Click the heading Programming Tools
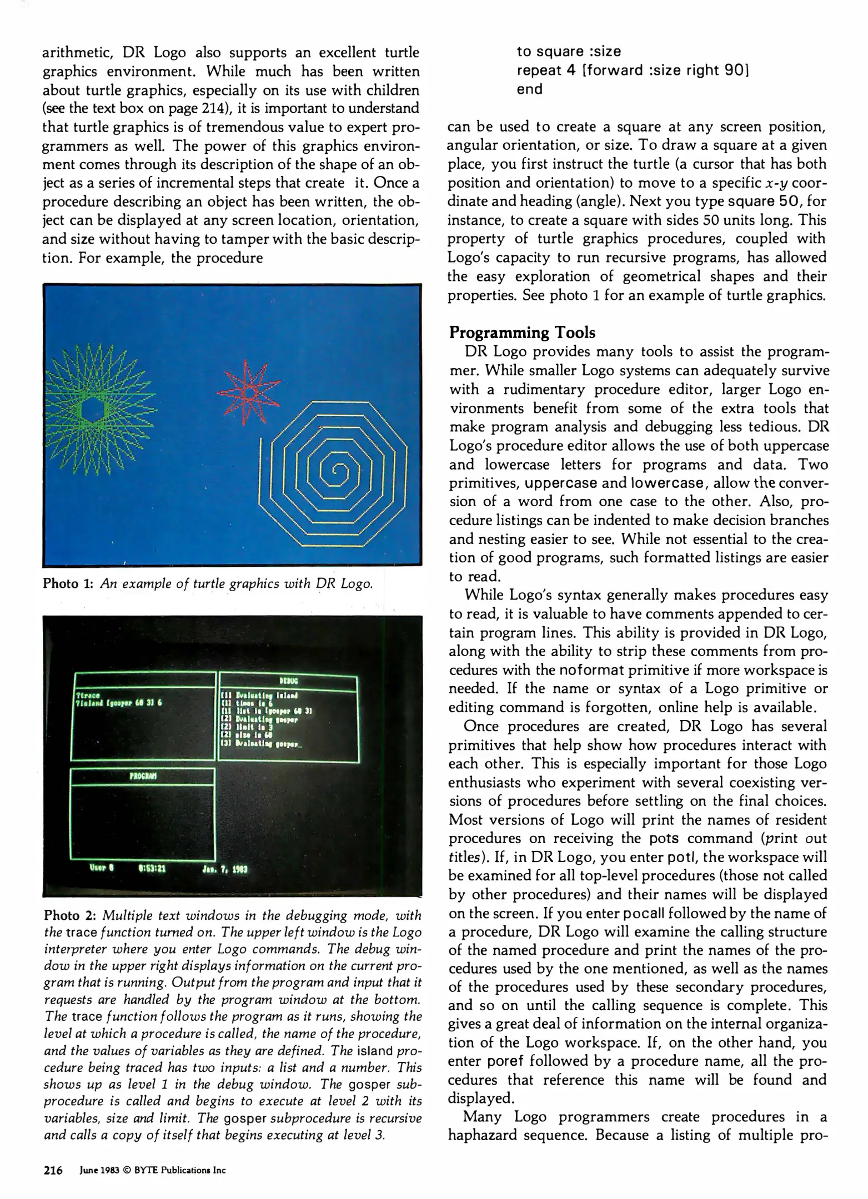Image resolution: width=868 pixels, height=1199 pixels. pyautogui.click(x=522, y=333)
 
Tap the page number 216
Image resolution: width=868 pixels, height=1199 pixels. pyautogui.click(x=53, y=1170)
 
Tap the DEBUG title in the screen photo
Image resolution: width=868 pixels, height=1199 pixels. pyautogui.click(x=287, y=681)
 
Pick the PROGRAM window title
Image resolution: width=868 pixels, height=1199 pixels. pyautogui.click(x=143, y=776)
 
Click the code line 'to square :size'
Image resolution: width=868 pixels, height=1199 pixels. pyautogui.click(x=569, y=52)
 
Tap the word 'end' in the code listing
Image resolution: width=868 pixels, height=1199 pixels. pyautogui.click(x=529, y=89)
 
